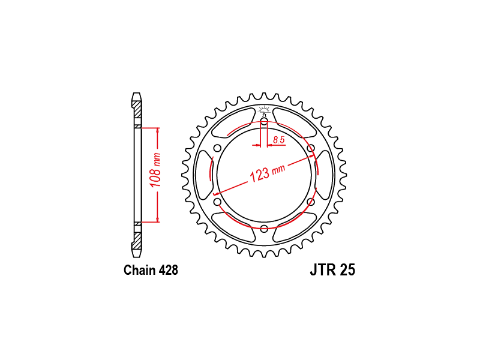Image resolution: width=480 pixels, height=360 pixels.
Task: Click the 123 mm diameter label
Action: coord(268,173)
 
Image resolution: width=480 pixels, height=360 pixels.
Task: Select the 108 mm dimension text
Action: coord(155,170)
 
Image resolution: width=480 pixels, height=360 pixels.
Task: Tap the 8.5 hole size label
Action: coord(278,140)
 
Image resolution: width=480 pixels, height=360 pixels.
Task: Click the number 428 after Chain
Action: coord(169,270)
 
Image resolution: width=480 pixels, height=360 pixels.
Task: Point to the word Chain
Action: coord(140,270)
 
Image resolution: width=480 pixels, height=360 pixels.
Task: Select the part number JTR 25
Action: coord(332,270)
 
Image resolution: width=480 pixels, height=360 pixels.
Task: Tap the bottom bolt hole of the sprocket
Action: coord(264,228)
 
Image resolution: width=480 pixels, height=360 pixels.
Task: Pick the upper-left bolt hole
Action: coord(217,148)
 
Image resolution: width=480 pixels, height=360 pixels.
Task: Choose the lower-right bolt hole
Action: coord(311,202)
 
